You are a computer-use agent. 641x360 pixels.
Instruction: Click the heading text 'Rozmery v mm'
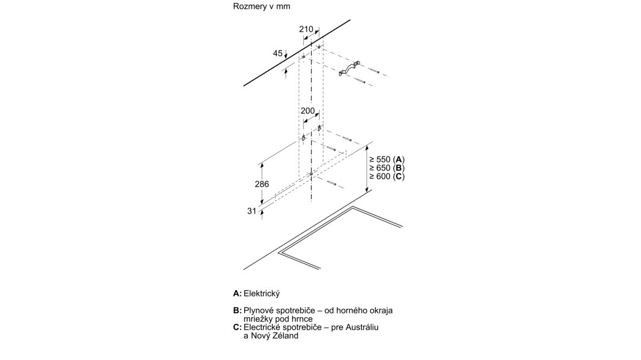point(261,6)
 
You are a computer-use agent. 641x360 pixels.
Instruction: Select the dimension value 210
point(306,29)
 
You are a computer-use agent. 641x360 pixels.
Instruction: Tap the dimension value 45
point(278,53)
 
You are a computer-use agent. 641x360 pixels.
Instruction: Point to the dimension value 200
point(308,111)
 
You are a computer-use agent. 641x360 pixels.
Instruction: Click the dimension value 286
point(262,184)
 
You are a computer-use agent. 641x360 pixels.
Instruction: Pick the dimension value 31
point(252,211)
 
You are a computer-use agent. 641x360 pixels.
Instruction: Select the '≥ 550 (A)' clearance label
point(387,159)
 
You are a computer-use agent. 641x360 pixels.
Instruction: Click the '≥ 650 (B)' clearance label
point(387,168)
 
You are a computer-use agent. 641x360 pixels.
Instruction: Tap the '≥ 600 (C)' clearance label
point(387,177)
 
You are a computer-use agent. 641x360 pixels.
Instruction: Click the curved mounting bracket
point(349,69)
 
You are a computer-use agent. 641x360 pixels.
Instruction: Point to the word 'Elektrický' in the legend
point(262,294)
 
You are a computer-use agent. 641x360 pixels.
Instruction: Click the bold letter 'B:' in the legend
point(237,310)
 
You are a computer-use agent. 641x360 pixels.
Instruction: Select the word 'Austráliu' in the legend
point(362,327)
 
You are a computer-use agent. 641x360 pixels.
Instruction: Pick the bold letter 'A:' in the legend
point(238,294)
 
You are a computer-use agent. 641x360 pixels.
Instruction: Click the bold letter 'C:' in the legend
point(238,327)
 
